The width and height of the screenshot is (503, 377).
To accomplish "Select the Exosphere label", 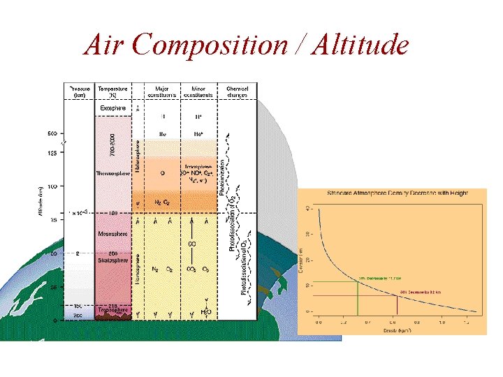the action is pos(113,108).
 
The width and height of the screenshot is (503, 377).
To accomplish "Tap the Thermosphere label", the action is pos(111,172).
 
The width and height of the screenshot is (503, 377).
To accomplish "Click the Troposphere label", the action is pos(112,313).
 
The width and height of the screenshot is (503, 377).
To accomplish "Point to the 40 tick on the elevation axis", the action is pos(309,207).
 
